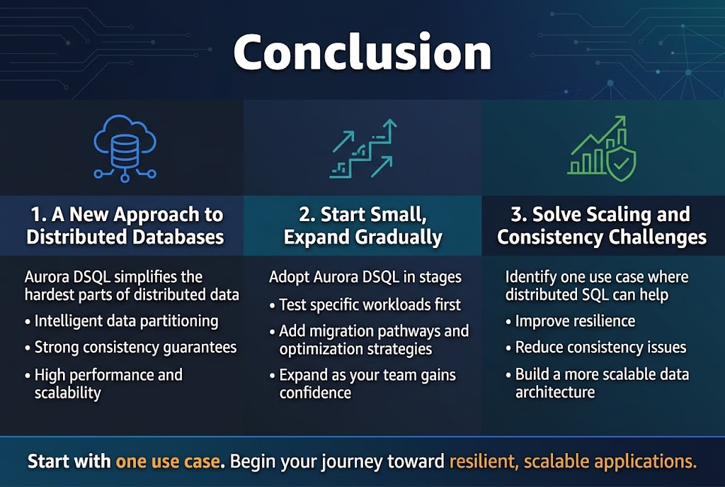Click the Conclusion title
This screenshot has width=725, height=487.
[x=362, y=52]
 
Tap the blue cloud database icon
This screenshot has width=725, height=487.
[x=125, y=149]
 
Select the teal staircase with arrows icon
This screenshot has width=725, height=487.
[x=363, y=149]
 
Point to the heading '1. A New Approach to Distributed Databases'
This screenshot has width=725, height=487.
[x=125, y=225]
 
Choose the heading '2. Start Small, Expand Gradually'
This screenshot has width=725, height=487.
[x=363, y=225]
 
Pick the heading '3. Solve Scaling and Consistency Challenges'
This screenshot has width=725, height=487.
[x=602, y=225]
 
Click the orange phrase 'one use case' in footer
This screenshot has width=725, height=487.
[x=167, y=461]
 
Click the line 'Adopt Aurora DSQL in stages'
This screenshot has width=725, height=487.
[x=365, y=277]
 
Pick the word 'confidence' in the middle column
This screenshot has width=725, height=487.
[x=315, y=393]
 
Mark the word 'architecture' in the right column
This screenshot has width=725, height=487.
[x=555, y=392]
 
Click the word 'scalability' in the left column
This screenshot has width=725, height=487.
[x=67, y=393]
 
